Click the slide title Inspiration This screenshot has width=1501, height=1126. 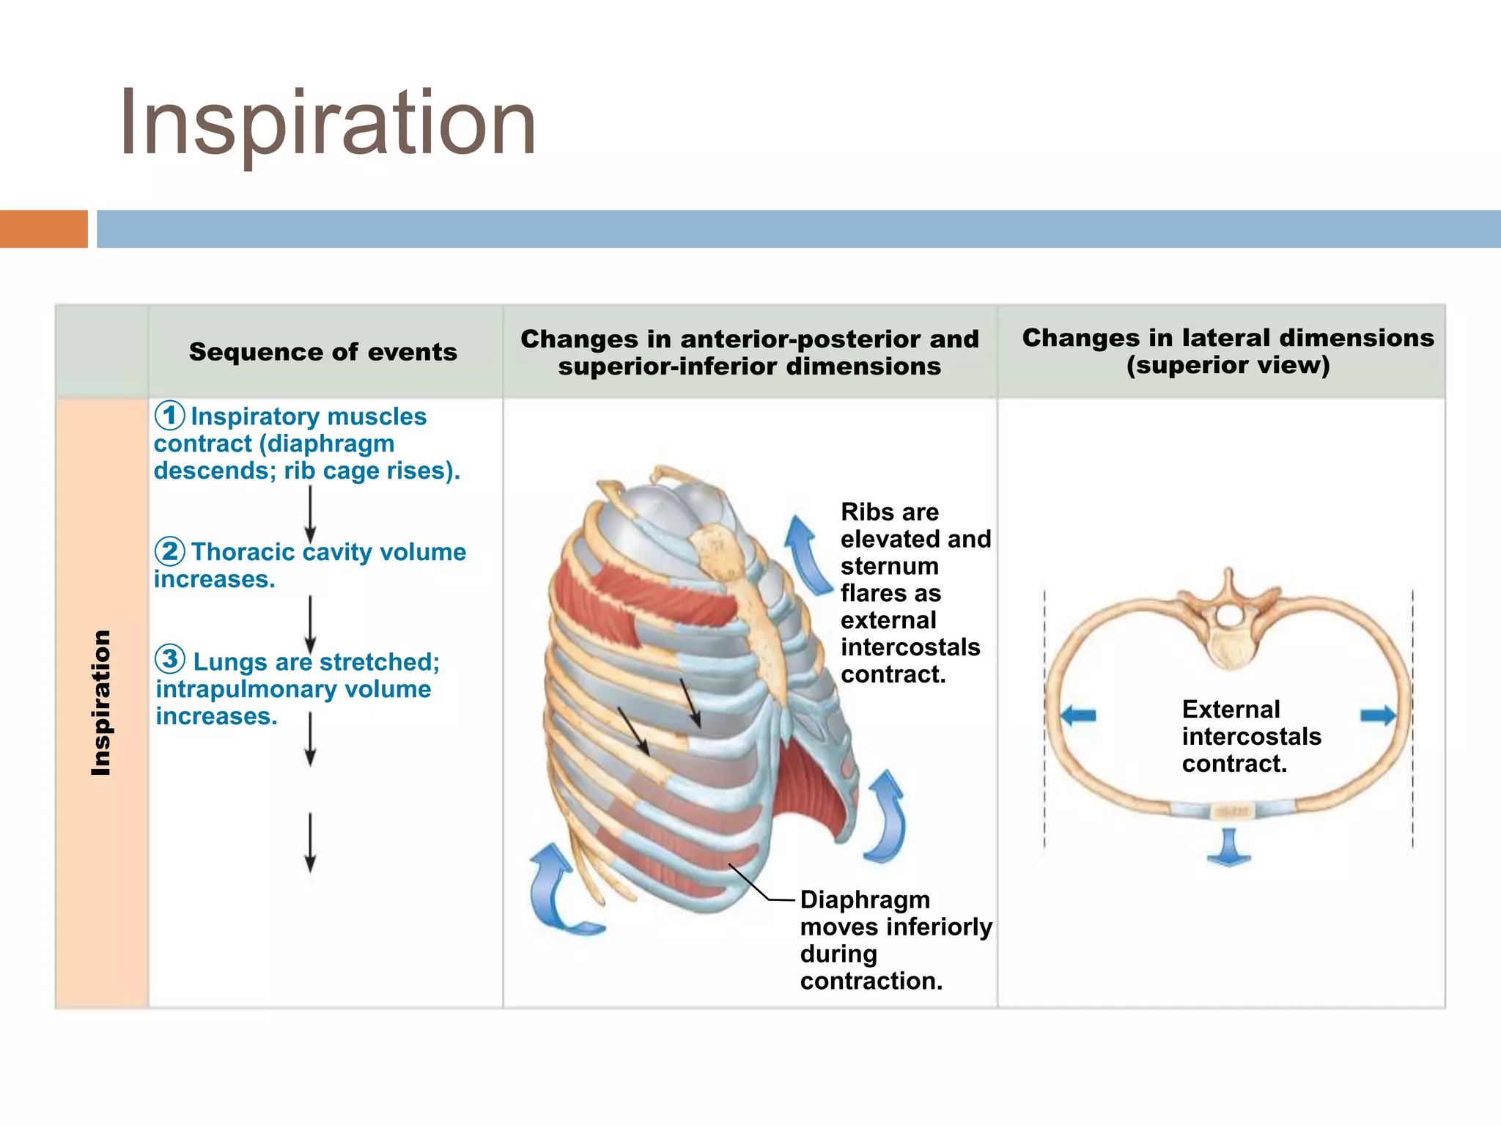pos(328,122)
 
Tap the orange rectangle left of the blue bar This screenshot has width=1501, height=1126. pos(43,229)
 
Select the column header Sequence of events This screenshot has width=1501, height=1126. pos(322,352)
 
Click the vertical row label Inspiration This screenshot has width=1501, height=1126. pos(101,702)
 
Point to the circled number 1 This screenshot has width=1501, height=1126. pos(169,416)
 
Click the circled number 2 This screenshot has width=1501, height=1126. pos(169,551)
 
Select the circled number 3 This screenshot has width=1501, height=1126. pos(170,659)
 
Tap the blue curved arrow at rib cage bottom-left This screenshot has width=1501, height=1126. pos(557,891)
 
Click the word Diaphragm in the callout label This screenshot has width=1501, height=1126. pos(865,899)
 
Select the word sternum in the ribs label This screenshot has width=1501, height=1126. pos(889,566)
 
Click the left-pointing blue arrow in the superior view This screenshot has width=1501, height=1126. pos(1078,715)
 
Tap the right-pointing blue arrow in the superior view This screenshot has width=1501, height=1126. pos(1378,715)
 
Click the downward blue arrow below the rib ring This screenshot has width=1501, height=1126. pos(1228,847)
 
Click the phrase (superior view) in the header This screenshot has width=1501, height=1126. pos(1228,365)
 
